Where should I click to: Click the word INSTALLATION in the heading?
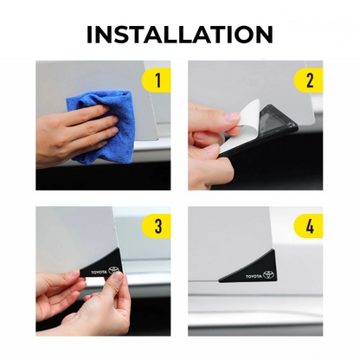pyautogui.click(x=180, y=35)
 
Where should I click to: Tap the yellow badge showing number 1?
pyautogui.click(x=156, y=80)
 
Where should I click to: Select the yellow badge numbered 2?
pyautogui.click(x=308, y=80)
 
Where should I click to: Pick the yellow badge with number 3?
pyautogui.click(x=156, y=226)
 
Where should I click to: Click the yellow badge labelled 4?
pyautogui.click(x=308, y=226)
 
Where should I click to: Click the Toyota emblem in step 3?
pyautogui.click(x=113, y=270)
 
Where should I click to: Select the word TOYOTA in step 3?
pyautogui.click(x=99, y=272)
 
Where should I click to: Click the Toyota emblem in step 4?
pyautogui.click(x=268, y=274)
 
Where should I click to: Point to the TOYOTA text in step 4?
pyautogui.click(x=254, y=276)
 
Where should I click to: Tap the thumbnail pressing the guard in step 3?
pyautogui.click(x=118, y=277)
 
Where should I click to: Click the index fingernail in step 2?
pyautogui.click(x=232, y=117)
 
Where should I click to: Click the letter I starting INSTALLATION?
pyautogui.click(x=89, y=35)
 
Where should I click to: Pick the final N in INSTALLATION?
pyautogui.click(x=264, y=35)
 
